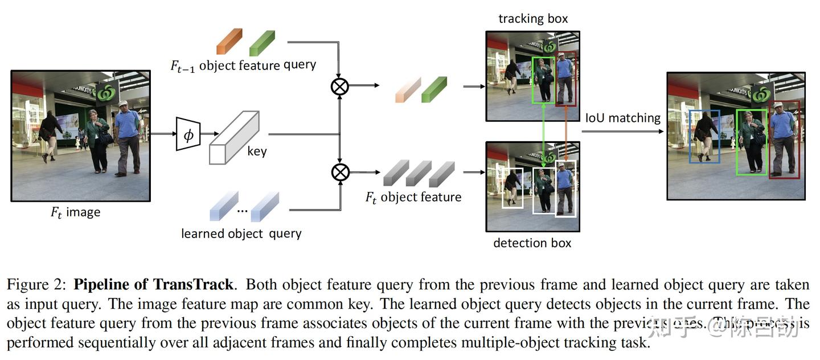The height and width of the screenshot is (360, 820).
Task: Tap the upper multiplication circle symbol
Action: [340, 86]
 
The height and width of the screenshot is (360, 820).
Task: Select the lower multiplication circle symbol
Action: [340, 171]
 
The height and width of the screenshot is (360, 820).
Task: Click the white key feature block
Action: [234, 138]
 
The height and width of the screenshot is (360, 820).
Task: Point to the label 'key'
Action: [257, 152]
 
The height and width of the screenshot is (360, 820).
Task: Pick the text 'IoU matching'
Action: [623, 118]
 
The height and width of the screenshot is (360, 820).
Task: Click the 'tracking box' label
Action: [533, 19]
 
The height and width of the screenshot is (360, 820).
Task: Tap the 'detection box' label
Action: [532, 243]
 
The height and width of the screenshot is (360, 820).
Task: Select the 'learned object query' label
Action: [241, 234]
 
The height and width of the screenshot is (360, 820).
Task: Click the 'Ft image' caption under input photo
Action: [75, 212]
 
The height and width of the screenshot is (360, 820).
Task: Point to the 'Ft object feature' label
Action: [413, 197]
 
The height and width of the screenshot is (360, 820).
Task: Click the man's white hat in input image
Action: [122, 104]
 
